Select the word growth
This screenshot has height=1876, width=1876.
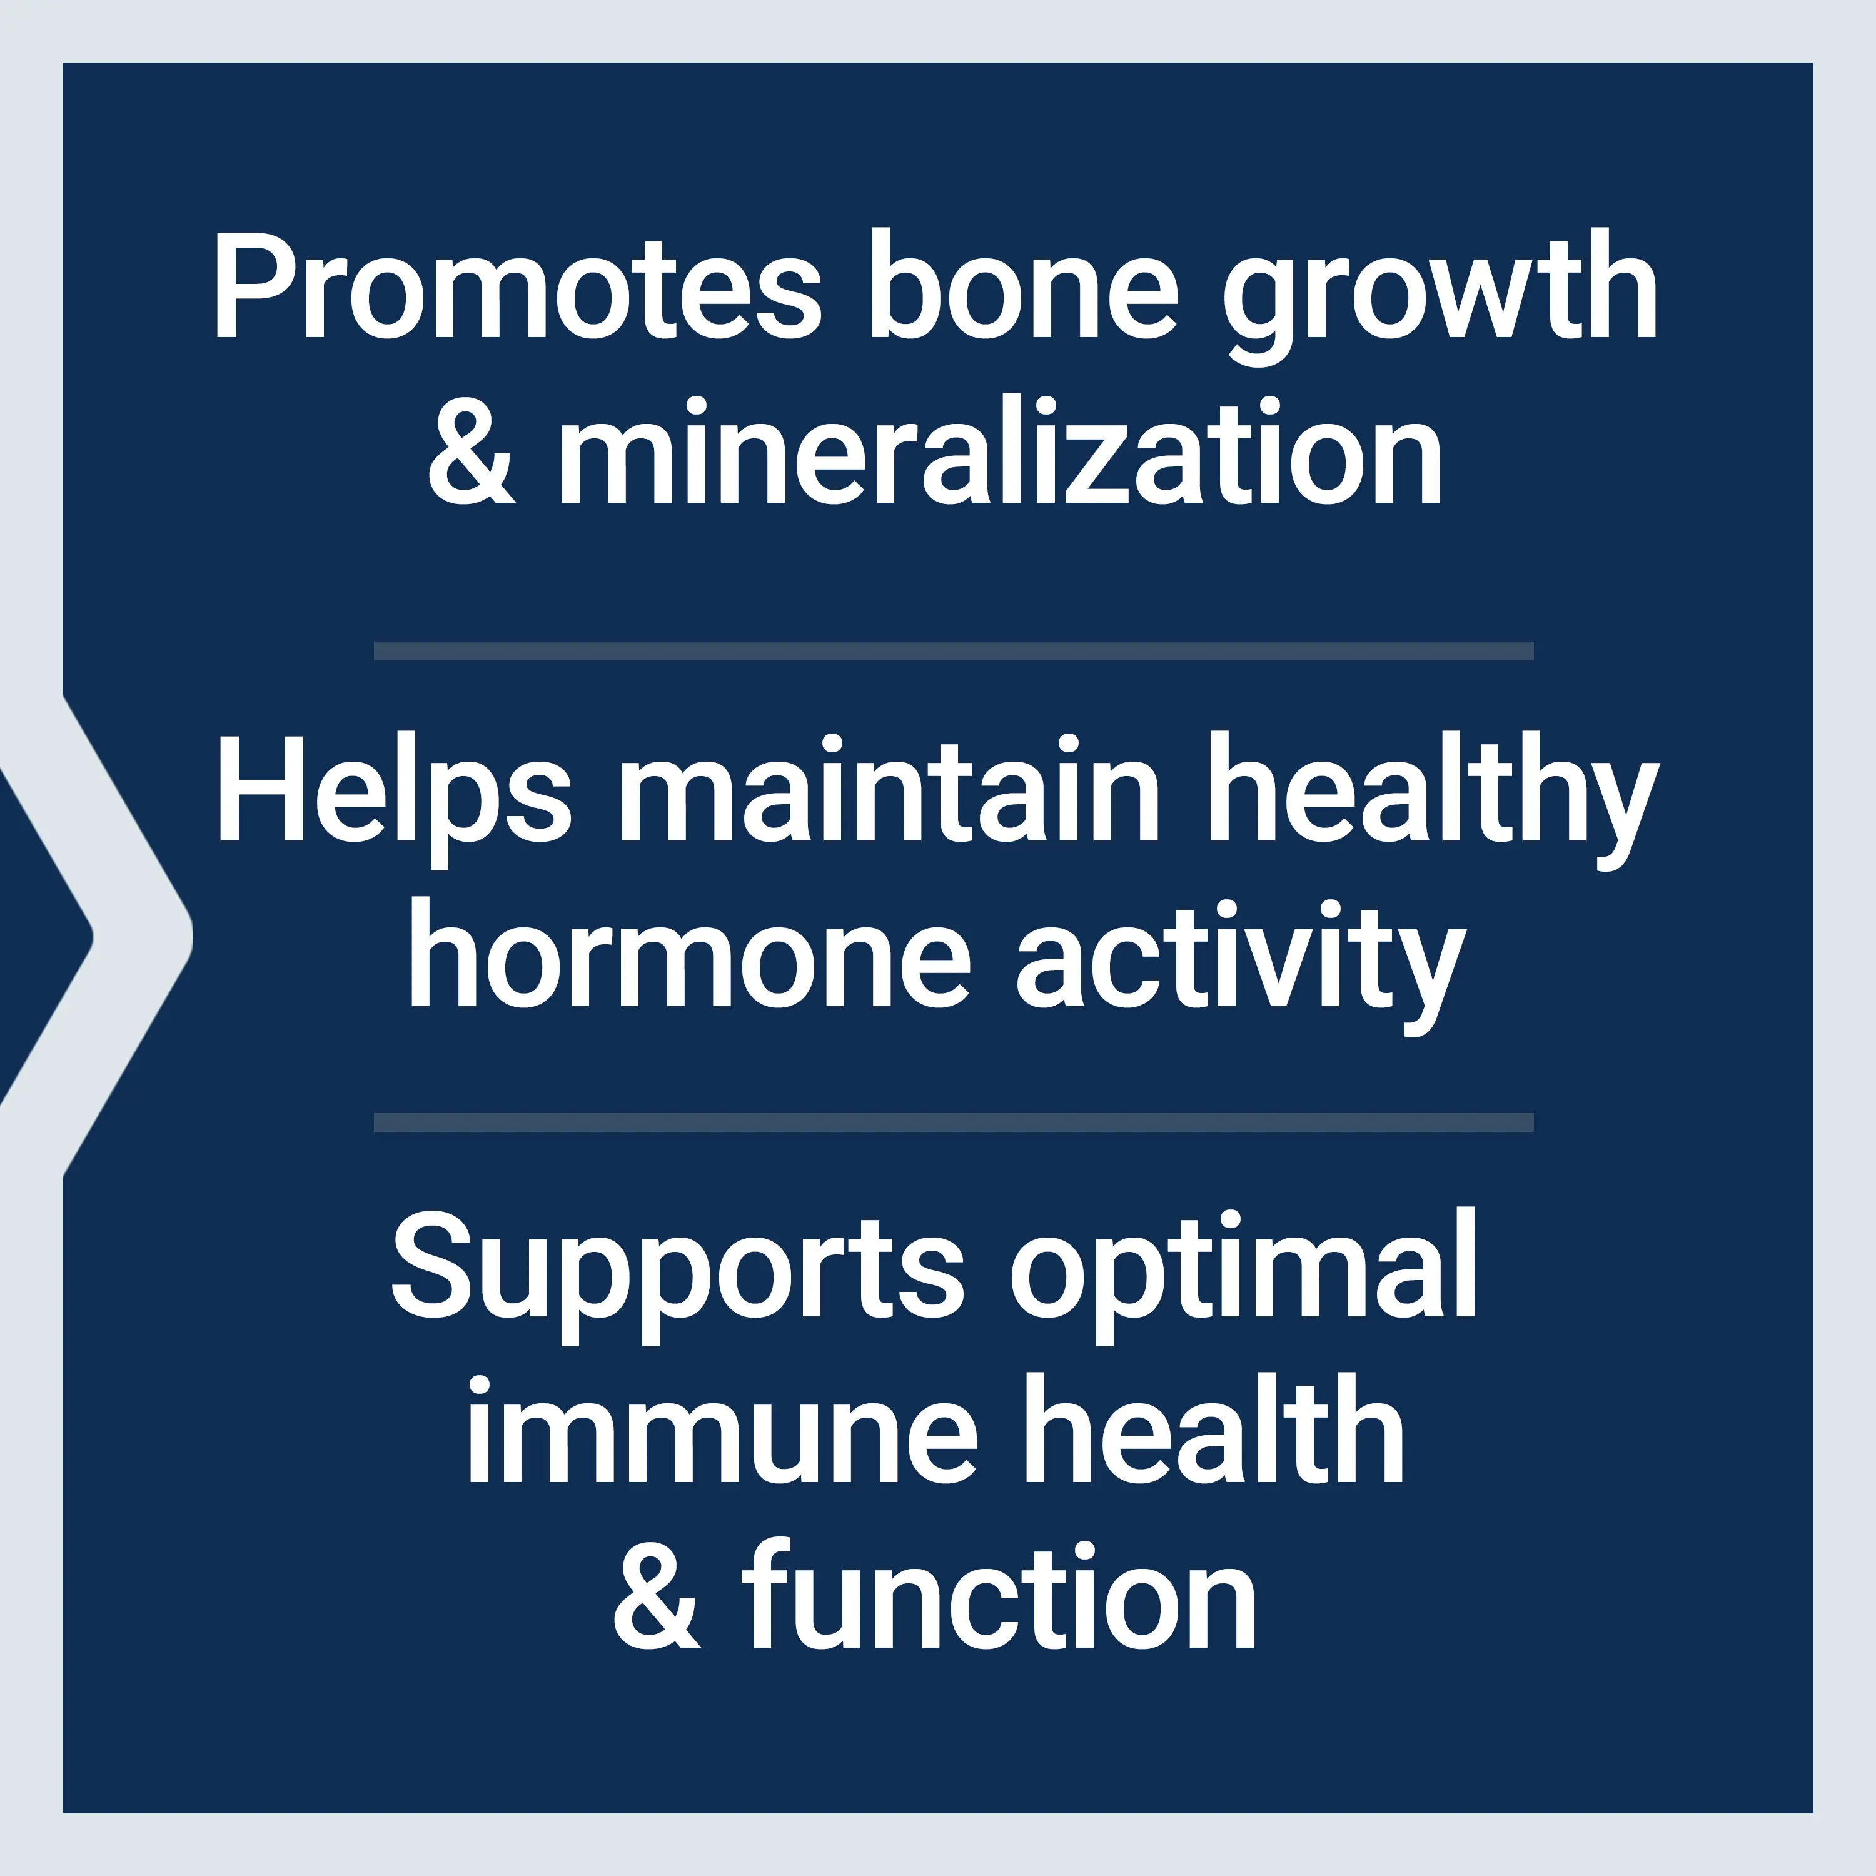coord(1440,296)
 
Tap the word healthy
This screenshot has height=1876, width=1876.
coord(1432,800)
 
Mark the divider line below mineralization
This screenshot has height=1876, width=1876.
coord(954,650)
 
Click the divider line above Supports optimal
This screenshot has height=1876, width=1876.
coord(954,1122)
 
